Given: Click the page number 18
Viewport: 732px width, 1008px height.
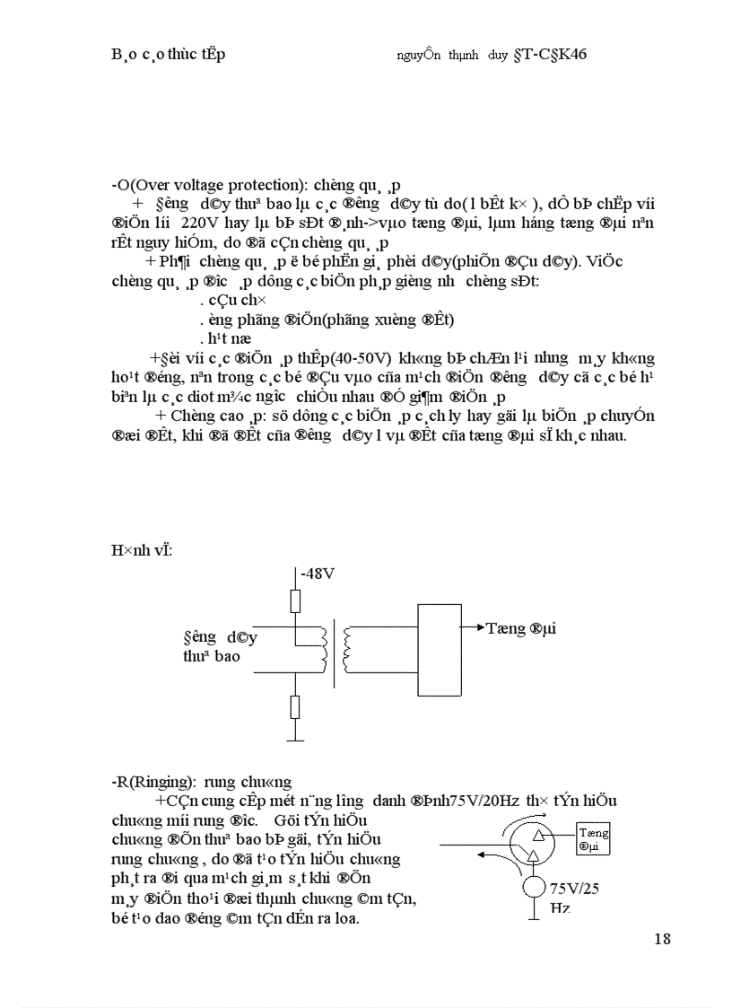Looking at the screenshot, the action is point(662,939).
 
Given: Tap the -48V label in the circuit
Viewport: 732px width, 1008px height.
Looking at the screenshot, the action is point(319,573).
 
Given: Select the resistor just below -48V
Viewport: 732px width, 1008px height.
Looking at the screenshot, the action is point(295,600).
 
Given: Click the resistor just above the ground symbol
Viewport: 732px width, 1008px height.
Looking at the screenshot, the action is point(295,707).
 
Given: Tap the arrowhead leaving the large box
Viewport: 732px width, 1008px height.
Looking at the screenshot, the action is point(479,627).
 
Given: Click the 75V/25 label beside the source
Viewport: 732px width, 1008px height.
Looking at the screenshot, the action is point(576,888).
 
